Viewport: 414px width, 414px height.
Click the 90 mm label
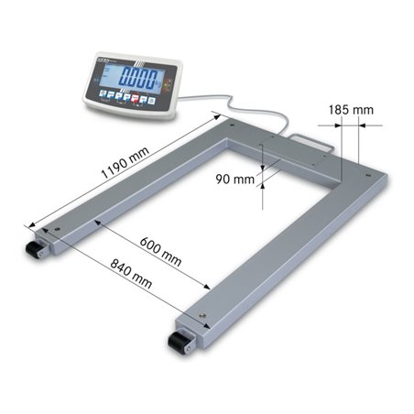coord(240,180)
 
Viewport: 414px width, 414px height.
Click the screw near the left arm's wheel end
coord(59,229)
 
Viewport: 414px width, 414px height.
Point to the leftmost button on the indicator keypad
coord(103,93)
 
